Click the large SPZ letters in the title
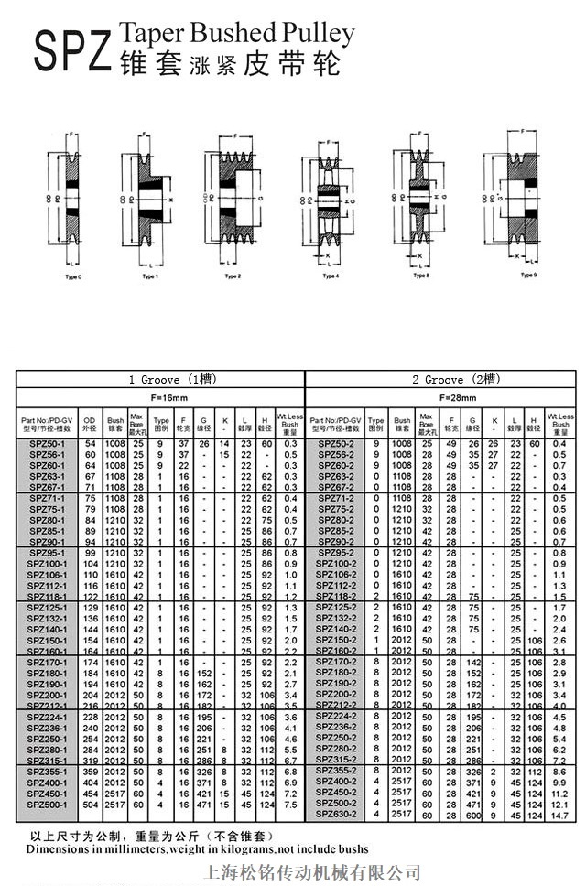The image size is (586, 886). click(72, 51)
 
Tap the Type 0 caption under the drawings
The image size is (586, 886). click(73, 276)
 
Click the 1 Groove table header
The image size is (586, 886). click(160, 379)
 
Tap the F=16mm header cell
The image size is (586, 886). click(160, 398)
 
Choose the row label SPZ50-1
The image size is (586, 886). click(47, 444)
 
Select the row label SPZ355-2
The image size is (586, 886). click(336, 771)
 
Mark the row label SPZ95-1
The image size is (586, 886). click(47, 553)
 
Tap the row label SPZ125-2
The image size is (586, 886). click(336, 607)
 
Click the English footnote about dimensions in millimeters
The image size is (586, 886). click(197, 849)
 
